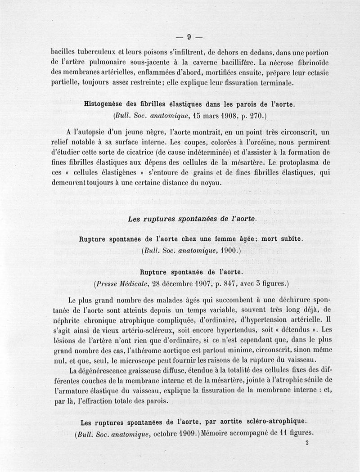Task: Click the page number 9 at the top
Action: [189, 37]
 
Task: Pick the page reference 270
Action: [257, 116]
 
